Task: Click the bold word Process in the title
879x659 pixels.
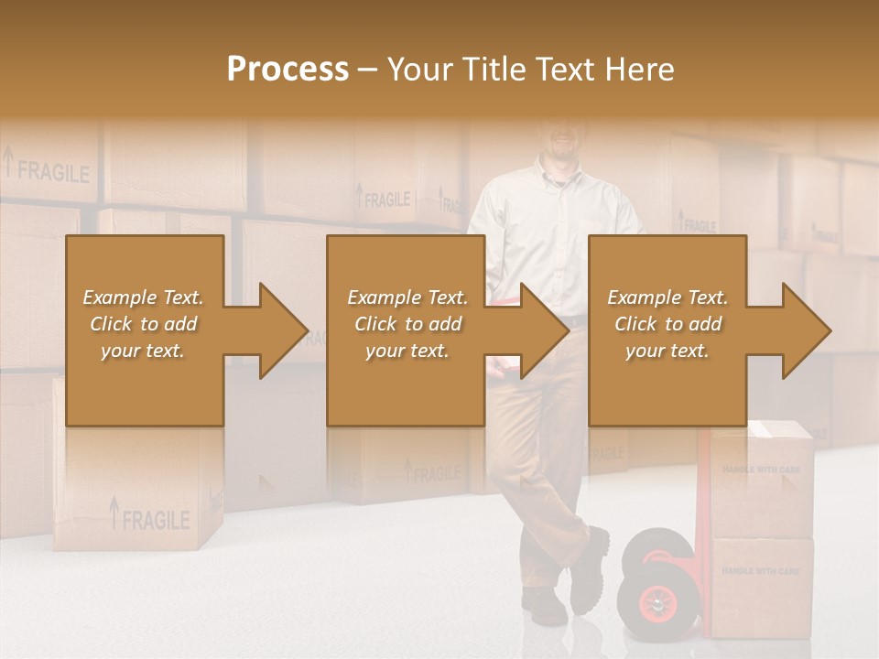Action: pos(288,69)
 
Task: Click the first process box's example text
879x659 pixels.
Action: pos(144,324)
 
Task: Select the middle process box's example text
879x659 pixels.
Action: pos(407,324)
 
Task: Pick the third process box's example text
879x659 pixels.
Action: pos(667,324)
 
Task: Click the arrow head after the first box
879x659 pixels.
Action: pos(279,330)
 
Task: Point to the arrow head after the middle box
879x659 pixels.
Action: pos(541,330)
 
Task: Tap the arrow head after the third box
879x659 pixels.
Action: pos(803,330)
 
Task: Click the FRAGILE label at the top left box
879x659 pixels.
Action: pos(52,171)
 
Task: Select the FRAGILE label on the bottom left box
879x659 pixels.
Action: pos(155,520)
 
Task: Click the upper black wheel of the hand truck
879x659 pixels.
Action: pos(655,548)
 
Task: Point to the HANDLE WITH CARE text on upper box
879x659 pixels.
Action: pos(761,470)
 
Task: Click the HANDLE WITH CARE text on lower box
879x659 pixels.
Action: pos(761,571)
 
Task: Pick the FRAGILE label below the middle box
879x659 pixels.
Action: pos(432,473)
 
